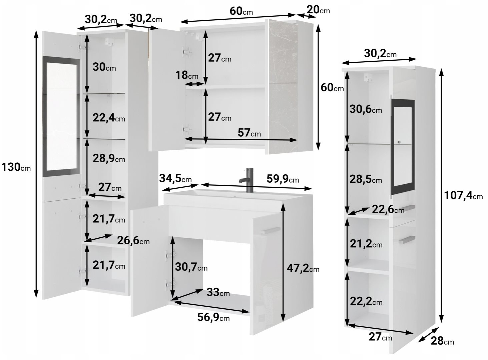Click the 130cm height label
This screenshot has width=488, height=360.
click(x=16, y=167)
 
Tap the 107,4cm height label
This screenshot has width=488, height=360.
click(x=463, y=195)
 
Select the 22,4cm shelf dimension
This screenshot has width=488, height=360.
click(x=109, y=118)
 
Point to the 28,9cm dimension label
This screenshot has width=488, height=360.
click(x=109, y=158)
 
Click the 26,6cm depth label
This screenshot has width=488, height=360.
click(x=133, y=240)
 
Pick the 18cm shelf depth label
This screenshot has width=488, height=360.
click(x=186, y=75)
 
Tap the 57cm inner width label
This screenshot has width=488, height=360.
click(x=249, y=133)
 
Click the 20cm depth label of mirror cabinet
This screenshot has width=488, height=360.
click(x=318, y=10)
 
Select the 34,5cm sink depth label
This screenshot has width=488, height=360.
click(x=175, y=178)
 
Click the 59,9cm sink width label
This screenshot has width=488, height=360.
click(x=283, y=179)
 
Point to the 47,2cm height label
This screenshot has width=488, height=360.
click(x=303, y=268)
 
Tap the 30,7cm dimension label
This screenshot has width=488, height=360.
click(x=191, y=267)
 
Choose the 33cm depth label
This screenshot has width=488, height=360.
click(x=218, y=292)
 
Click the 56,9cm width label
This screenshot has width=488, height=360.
click(x=213, y=317)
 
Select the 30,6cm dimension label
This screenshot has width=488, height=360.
click(x=366, y=109)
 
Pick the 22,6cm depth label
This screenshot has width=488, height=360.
click(x=388, y=209)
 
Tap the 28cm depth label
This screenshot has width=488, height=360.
click(x=442, y=341)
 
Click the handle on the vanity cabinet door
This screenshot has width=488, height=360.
click(x=271, y=231)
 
